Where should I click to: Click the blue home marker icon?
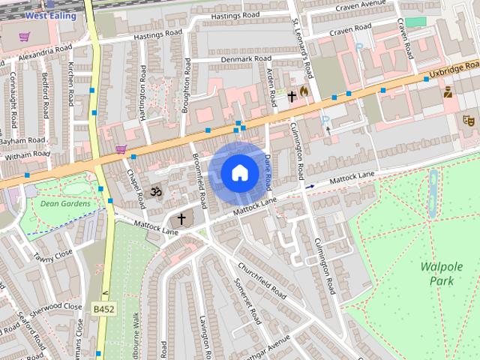pyautogui.click(x=238, y=173)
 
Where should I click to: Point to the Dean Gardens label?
pyautogui.click(x=65, y=203)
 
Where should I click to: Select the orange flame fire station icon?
pyautogui.click(x=304, y=91)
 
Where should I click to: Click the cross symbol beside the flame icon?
pyautogui.click(x=292, y=96)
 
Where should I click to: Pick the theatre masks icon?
pyautogui.click(x=469, y=120)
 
